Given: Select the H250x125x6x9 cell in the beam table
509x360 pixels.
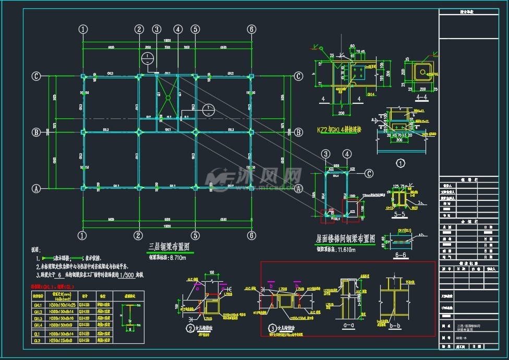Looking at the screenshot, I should pyautogui.click(x=67, y=341).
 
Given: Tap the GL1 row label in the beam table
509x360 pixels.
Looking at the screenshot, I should pyautogui.click(x=38, y=333).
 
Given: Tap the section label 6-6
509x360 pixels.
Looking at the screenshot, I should pyautogui.click(x=401, y=255).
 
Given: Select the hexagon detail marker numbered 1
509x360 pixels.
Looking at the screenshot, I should pyautogui.click(x=401, y=163).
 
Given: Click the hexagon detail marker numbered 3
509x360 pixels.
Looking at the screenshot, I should pyautogui.click(x=272, y=328).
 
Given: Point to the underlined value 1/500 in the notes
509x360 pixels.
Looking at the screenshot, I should pyautogui.click(x=127, y=274).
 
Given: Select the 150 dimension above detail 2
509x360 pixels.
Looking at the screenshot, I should pyautogui.click(x=212, y=272).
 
